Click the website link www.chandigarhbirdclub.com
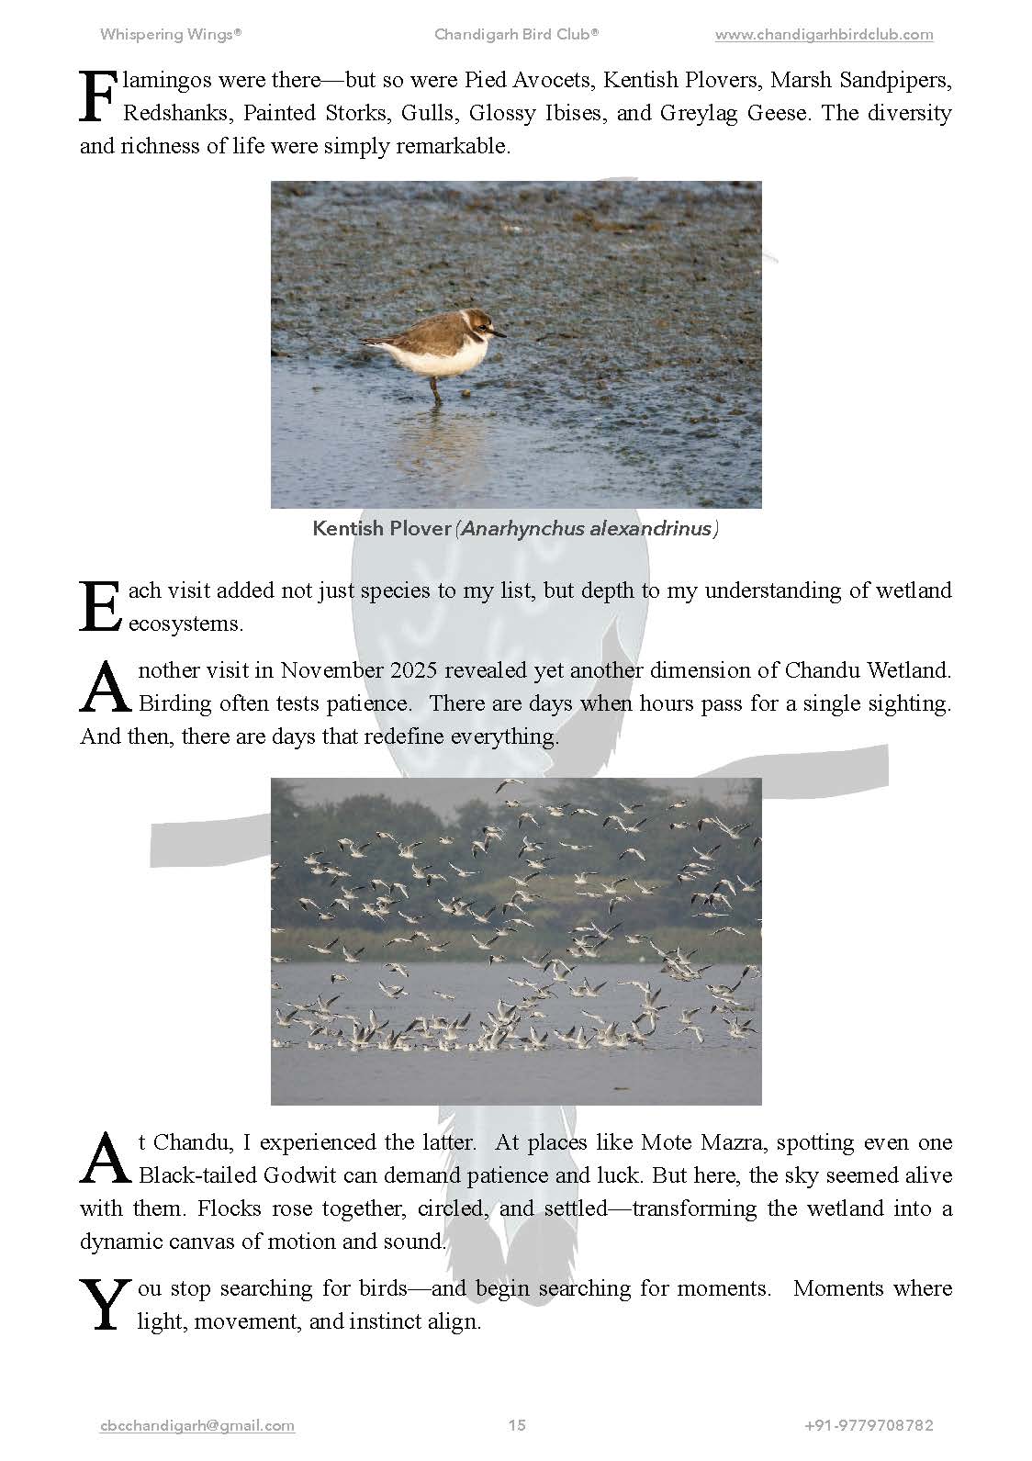click(x=824, y=35)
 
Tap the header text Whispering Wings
click(x=171, y=35)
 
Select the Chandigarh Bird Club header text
click(x=516, y=35)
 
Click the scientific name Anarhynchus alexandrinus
click(x=588, y=529)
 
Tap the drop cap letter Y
click(x=103, y=1306)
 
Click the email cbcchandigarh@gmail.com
click(x=197, y=1425)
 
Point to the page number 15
click(x=517, y=1425)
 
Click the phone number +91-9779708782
click(x=869, y=1425)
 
